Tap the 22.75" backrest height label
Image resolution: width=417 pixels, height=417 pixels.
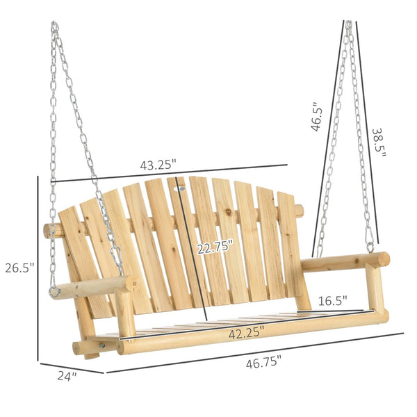[x=215, y=247]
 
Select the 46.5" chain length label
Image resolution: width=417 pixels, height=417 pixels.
[x=317, y=115]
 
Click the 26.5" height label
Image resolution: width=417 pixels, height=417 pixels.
[x=18, y=268]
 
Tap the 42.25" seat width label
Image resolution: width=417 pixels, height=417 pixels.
[x=247, y=333]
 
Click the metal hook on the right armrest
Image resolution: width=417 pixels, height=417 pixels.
[x=370, y=247]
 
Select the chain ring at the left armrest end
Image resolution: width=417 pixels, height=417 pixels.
[x=54, y=292]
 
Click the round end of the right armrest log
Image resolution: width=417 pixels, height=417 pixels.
[x=382, y=259]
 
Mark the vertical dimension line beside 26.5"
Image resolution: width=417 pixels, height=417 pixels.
[x=38, y=268]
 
